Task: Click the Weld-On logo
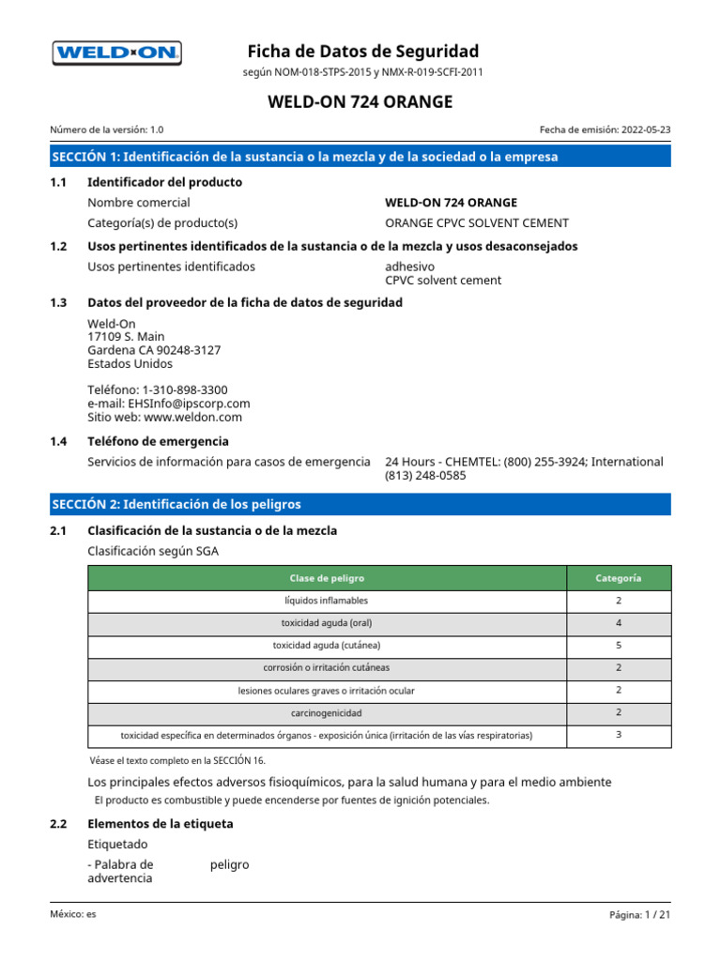tap(116, 53)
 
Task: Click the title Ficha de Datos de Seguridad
tap(362, 51)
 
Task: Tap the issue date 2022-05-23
tap(646, 130)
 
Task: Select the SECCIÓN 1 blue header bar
tap(360, 157)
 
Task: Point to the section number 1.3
tap(59, 302)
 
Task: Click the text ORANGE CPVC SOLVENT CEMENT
tap(477, 223)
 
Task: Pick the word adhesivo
tap(410, 267)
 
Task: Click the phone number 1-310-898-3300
tap(184, 389)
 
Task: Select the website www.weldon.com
tap(192, 417)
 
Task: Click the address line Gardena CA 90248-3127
tap(154, 350)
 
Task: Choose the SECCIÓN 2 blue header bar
tap(360, 504)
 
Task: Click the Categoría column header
tap(619, 578)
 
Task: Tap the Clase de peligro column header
tap(327, 578)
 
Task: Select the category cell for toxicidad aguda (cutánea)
tap(619, 646)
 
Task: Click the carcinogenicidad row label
tap(327, 713)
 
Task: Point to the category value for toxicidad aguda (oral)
tap(619, 623)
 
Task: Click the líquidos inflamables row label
tap(327, 601)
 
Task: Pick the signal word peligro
tap(230, 864)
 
